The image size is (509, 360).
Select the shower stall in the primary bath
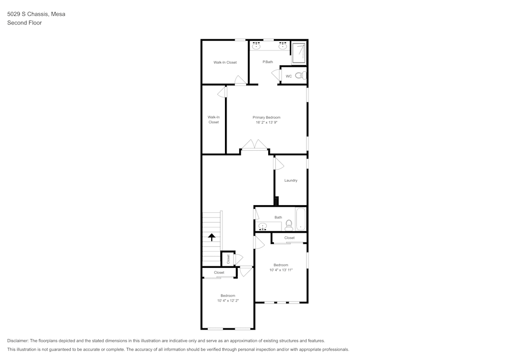tap(299, 53)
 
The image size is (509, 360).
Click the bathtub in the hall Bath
tap(301, 219)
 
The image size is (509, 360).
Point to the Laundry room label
tap(291, 180)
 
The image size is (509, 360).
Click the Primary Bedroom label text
tap(266, 117)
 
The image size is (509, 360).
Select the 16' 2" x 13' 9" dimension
tap(266, 122)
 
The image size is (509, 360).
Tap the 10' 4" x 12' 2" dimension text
tap(228, 301)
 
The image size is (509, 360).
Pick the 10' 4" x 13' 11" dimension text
tap(281, 270)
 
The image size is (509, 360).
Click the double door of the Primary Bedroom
tap(254, 146)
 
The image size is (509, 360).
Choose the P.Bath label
tap(268, 62)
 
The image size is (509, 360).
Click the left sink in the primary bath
tap(257, 47)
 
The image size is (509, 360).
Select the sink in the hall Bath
tap(263, 226)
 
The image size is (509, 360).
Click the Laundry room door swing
tap(278, 163)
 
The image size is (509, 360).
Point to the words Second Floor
tap(24, 23)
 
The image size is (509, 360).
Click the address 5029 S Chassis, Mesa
tap(36, 14)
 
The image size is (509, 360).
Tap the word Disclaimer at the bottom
tap(18, 341)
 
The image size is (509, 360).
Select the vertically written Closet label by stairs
tap(228, 259)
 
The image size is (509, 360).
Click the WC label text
tap(289, 76)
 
